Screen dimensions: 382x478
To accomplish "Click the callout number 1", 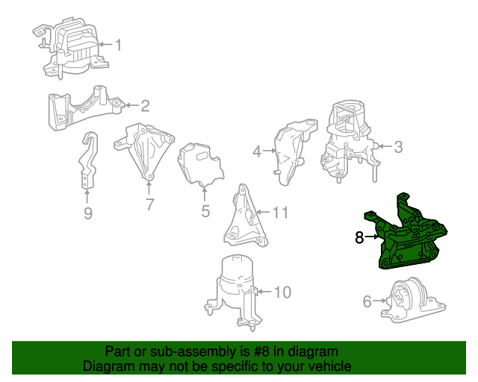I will tap(117, 46).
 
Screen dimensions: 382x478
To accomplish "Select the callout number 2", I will tap(145, 105).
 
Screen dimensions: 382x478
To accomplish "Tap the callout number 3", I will tap(398, 147).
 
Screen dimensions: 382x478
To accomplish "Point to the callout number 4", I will tap(257, 151).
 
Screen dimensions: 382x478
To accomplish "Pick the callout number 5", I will tap(205, 211).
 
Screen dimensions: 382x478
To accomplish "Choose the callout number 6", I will tap(367, 301).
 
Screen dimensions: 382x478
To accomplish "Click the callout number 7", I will tap(149, 203).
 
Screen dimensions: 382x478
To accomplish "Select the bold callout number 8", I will tap(359, 238).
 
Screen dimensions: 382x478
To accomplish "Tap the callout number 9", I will tap(87, 215).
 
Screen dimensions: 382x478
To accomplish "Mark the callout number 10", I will tap(282, 292).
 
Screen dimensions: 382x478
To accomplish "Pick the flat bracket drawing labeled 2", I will tap(83, 107).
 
